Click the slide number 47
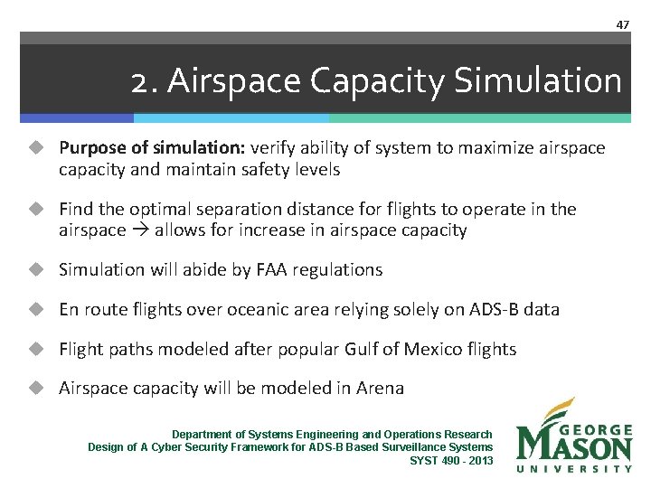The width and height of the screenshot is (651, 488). [x=622, y=24]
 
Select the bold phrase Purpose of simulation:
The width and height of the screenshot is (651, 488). [x=152, y=147]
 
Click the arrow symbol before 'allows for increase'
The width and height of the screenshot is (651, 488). [x=140, y=230]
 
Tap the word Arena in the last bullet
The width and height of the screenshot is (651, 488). [x=380, y=389]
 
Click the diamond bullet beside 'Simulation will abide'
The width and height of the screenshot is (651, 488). [x=35, y=269]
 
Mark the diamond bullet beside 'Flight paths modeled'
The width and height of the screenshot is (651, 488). [x=35, y=349]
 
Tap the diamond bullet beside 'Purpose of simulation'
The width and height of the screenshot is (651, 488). [x=35, y=147]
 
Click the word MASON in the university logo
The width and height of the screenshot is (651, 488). [x=575, y=446]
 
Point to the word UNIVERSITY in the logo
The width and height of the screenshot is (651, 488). [x=575, y=468]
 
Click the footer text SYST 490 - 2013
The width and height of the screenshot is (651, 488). [x=451, y=460]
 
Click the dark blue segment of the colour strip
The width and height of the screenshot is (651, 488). [x=77, y=117]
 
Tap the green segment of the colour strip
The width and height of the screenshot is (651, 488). [x=479, y=117]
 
